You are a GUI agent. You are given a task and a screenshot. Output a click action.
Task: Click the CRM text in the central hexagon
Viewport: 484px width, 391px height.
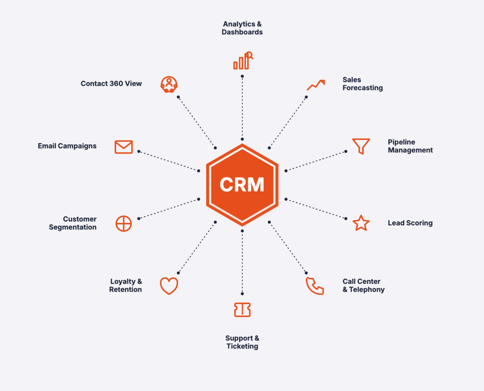coord(242,185)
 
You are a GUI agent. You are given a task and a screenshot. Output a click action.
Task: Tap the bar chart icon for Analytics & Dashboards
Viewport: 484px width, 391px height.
coord(243,61)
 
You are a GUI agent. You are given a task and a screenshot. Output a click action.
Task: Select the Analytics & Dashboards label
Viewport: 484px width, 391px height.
coord(242,28)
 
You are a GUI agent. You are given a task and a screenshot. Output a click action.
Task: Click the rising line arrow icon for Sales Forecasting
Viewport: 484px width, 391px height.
coord(315,85)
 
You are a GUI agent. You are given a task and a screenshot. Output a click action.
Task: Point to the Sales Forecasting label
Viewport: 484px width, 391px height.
coord(362,84)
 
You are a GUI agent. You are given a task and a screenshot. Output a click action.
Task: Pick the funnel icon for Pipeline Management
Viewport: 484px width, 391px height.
coord(361,146)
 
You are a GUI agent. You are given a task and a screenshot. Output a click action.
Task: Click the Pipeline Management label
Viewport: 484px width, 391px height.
coord(410,146)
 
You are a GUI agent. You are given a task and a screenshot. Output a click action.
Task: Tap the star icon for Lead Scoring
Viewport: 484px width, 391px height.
coord(361,223)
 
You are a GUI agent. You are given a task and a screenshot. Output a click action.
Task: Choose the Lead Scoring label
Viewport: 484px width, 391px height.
coord(410,223)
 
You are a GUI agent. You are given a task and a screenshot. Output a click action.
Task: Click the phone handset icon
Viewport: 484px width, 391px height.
coord(314,286)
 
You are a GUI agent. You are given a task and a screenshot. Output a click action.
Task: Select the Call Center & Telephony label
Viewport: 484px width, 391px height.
coord(363,285)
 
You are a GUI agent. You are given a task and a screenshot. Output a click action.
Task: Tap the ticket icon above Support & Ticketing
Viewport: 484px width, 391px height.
coord(242,310)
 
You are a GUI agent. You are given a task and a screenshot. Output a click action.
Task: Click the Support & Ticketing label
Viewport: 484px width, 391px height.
coord(242,342)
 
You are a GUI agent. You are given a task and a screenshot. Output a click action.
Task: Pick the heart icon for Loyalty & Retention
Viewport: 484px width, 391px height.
coord(169,286)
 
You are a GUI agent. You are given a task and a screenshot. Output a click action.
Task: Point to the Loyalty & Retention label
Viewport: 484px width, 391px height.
coord(126,285)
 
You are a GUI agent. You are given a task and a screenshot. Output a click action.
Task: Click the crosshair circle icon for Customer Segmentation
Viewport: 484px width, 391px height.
coord(123,224)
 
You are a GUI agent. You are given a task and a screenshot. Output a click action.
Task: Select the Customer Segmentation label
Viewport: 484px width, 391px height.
coord(73,223)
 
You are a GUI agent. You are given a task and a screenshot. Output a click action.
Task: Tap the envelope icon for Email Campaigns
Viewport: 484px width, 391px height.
coord(123,147)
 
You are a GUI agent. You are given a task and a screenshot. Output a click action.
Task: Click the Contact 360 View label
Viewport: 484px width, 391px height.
coord(111,84)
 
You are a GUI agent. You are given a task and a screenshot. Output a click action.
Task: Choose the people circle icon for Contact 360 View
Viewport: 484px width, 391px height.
coord(169,85)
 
